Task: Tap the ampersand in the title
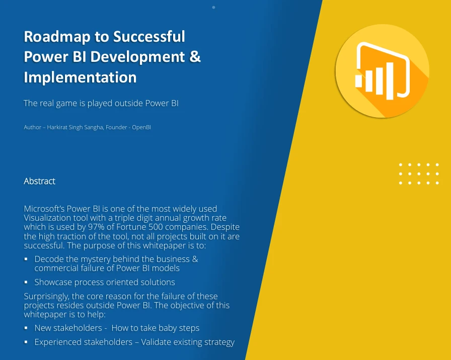195,57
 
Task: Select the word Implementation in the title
80,77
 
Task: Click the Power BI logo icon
382,70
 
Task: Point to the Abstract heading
39,181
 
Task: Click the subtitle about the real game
101,104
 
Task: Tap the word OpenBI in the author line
141,127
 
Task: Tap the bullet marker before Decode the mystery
26,259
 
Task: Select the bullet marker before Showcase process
26,282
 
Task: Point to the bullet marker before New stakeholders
26,328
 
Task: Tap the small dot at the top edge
213,8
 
